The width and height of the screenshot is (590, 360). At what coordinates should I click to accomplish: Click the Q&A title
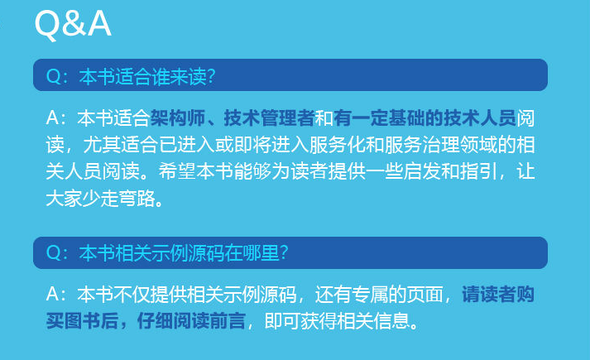(73, 25)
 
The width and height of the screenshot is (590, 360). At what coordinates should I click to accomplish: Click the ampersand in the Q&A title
(74, 25)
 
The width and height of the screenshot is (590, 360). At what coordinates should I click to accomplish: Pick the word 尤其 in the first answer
(102, 144)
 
